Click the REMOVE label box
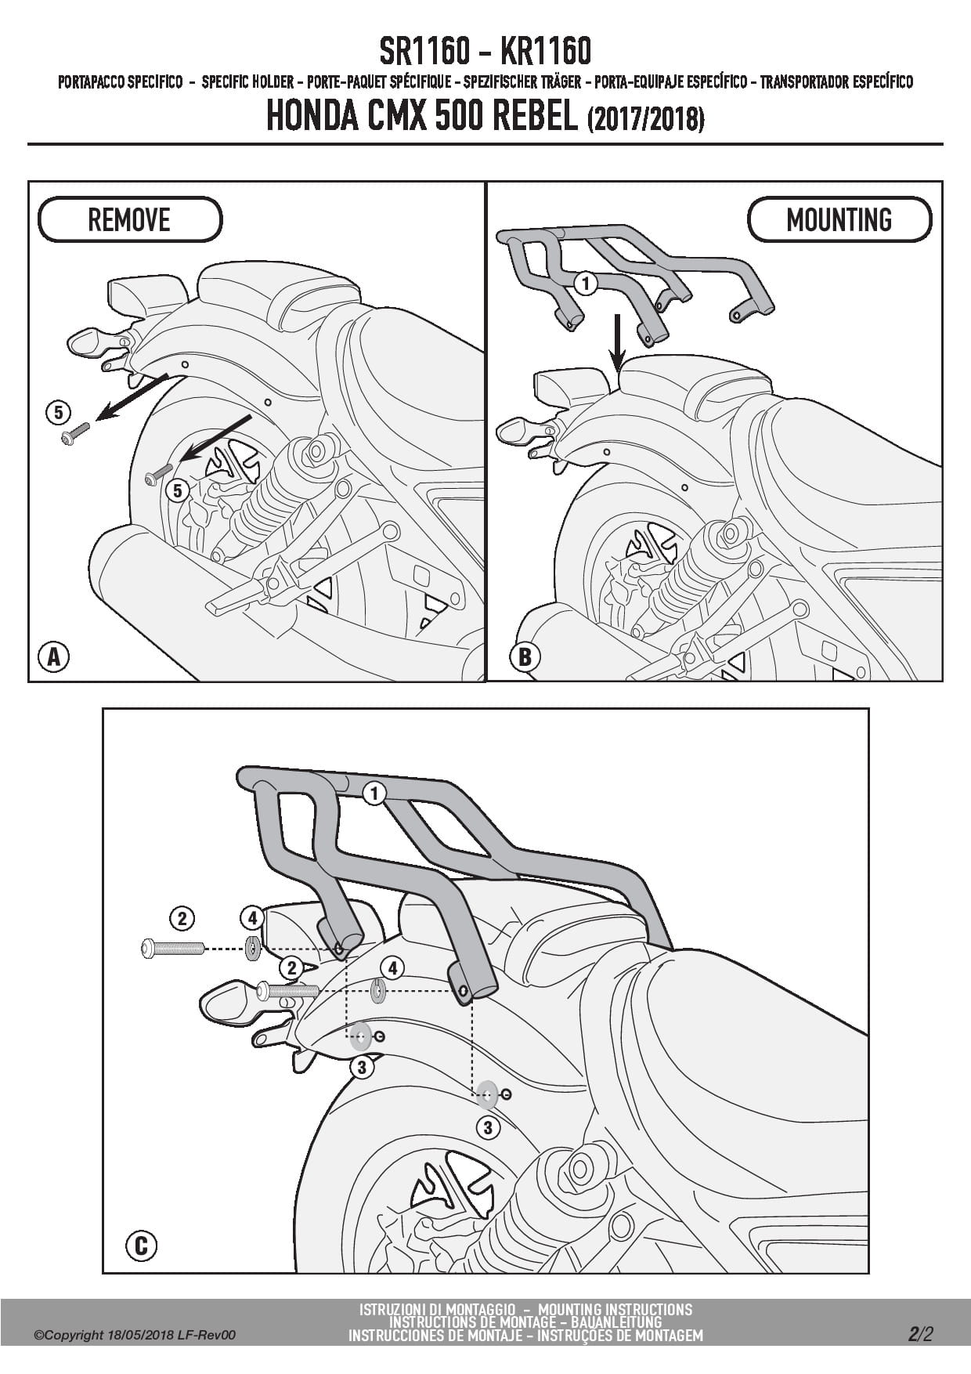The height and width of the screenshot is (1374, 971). click(x=129, y=219)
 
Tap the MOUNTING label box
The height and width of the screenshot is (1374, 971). click(x=839, y=219)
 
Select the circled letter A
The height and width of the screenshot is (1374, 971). click(x=54, y=656)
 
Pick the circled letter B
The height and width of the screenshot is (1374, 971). click(x=525, y=656)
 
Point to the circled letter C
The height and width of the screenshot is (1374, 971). click(x=141, y=1245)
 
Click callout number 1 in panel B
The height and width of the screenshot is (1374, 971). click(x=585, y=283)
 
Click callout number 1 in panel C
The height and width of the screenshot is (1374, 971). click(x=374, y=794)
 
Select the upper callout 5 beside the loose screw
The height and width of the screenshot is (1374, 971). click(x=58, y=411)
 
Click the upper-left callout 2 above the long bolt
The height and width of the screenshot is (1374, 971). click(x=182, y=918)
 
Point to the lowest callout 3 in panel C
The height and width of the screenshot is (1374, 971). click(x=488, y=1127)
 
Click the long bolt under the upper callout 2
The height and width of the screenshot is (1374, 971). click(x=172, y=949)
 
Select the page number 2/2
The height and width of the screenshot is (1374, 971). click(x=921, y=1333)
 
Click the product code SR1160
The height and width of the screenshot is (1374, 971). click(x=424, y=52)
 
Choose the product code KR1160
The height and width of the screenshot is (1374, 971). click(x=545, y=52)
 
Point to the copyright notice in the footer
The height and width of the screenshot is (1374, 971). click(x=135, y=1335)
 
